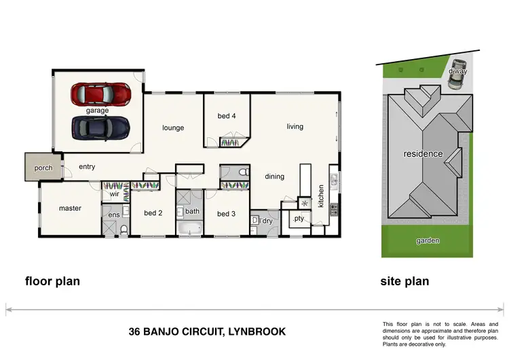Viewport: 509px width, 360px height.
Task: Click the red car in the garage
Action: pos(101,94)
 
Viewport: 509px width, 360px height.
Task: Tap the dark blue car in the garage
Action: pos(101,128)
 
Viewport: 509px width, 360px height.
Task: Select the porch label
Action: pos(43,168)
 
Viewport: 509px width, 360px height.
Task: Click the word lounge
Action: pos(173,128)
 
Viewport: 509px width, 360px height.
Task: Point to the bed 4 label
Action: pos(227,116)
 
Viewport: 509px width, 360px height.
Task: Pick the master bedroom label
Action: pos(70,209)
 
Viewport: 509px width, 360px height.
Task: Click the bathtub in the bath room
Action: pos(190,228)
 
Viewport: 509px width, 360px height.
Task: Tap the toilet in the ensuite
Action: pos(124,230)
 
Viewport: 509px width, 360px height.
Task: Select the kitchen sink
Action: pos(334,181)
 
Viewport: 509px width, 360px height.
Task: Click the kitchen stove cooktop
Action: pos(334,210)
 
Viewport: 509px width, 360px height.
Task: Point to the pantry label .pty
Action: pos(299,219)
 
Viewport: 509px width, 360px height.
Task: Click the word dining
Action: pos(275,177)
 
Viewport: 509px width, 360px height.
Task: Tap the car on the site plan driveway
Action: pos(457,73)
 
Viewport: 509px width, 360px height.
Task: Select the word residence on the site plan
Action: pos(423,154)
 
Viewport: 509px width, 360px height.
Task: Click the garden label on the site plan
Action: pos(428,240)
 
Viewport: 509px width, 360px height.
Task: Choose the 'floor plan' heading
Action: pos(52,281)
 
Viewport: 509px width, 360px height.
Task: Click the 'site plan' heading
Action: pos(404,281)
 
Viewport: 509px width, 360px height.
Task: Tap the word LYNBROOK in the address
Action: pos(257,331)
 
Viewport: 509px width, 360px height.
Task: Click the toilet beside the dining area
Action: pos(246,172)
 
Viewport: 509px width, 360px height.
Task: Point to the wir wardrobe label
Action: pos(114,194)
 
